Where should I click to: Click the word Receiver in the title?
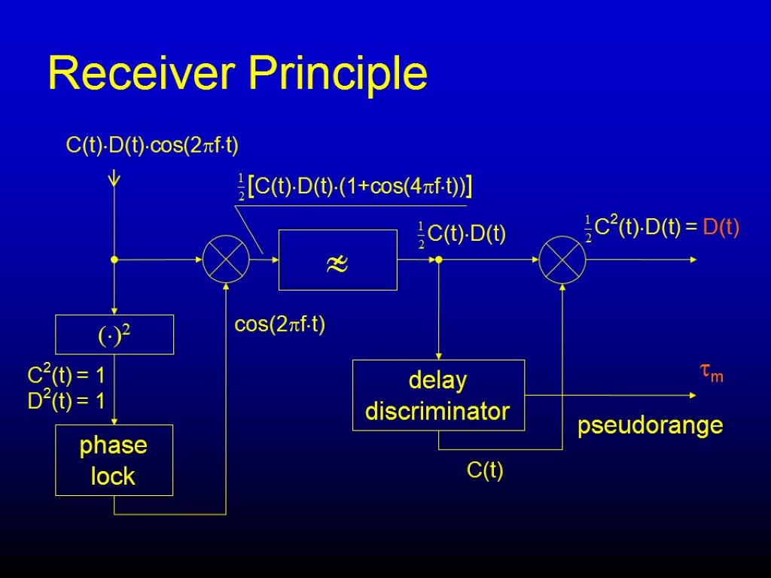pos(142,74)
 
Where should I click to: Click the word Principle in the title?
pos(339,75)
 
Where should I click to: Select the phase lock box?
pos(114,461)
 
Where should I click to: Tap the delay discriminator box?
pos(438,395)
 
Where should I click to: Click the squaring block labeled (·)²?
pos(115,334)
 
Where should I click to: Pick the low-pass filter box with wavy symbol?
pos(337,260)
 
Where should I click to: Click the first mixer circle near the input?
pos(226,260)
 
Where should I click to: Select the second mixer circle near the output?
pos(562,260)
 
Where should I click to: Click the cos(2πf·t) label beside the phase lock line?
pos(280,325)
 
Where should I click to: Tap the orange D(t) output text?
pos(721,227)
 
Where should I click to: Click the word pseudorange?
pos(650,426)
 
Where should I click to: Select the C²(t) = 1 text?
pos(66,375)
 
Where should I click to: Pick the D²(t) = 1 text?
pos(66,402)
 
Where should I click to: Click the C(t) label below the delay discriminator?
pos(485,472)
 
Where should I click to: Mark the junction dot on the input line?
pos(114,260)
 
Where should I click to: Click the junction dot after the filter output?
pos(439,260)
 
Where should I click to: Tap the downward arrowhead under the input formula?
pos(114,179)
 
